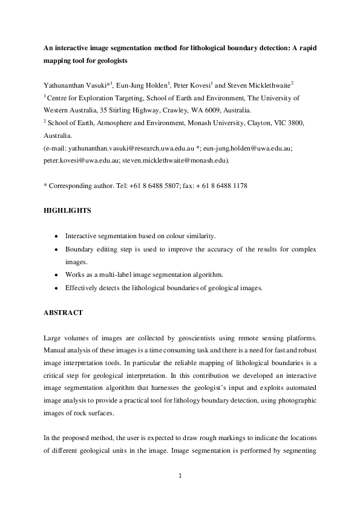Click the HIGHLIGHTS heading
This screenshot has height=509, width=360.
pos(67,211)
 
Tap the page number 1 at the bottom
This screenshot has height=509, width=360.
pos(180,476)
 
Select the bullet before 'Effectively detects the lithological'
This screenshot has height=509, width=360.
pos(56,288)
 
